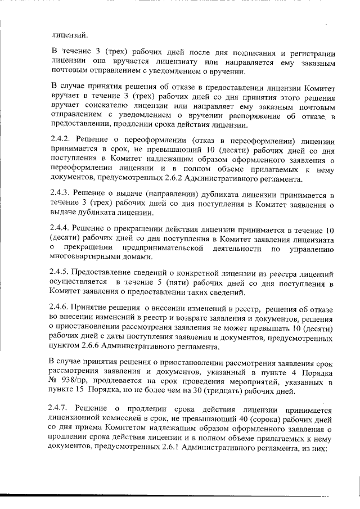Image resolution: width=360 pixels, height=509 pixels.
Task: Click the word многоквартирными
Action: [85, 257]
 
